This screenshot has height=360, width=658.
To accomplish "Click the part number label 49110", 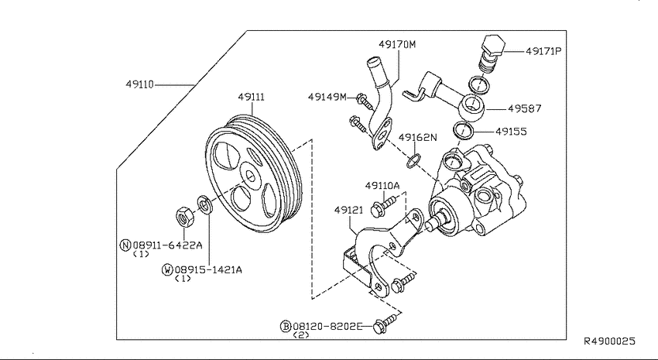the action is pyautogui.click(x=140, y=84).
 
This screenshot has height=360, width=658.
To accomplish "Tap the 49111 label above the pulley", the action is pyautogui.click(x=252, y=97).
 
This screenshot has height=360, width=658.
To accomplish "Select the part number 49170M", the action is pyautogui.click(x=397, y=44).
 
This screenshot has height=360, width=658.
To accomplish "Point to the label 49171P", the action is pyautogui.click(x=543, y=51).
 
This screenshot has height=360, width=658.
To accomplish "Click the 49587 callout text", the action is pyautogui.click(x=525, y=108).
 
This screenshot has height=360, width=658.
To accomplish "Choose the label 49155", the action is pyautogui.click(x=511, y=132).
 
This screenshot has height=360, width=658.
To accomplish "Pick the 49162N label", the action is pyautogui.click(x=417, y=137).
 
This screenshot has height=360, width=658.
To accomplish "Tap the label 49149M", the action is pyautogui.click(x=327, y=97).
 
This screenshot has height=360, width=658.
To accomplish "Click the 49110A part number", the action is pyautogui.click(x=382, y=186).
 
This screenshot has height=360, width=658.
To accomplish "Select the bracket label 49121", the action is pyautogui.click(x=348, y=209).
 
